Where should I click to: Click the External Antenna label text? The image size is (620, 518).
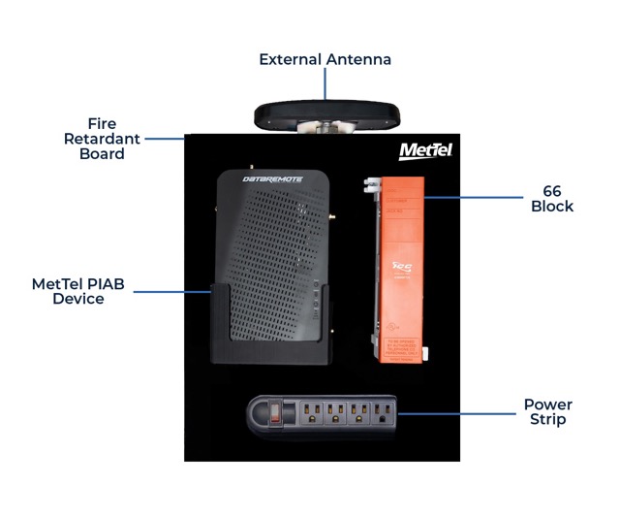pos(325,59)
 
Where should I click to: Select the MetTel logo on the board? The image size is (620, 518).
pos(425,150)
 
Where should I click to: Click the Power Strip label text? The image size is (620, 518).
pos(547,411)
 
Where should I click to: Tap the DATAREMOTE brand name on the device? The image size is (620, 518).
pos(259,179)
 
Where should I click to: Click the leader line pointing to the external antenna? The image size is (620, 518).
pos(325,84)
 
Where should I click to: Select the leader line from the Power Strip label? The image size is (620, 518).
pos(455,413)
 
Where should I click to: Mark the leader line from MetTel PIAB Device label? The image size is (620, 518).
pos(170,291)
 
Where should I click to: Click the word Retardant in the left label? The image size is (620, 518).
pos(102,139)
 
